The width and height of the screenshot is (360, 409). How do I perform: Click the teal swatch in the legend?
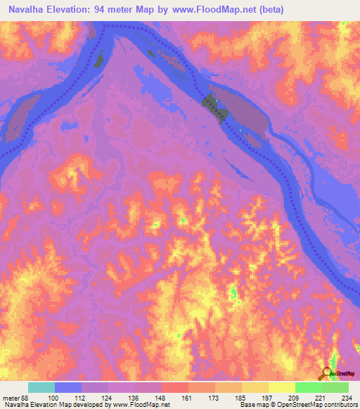click(x=41, y=387)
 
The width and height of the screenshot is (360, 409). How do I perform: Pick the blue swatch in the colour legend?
click(x=68, y=387)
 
